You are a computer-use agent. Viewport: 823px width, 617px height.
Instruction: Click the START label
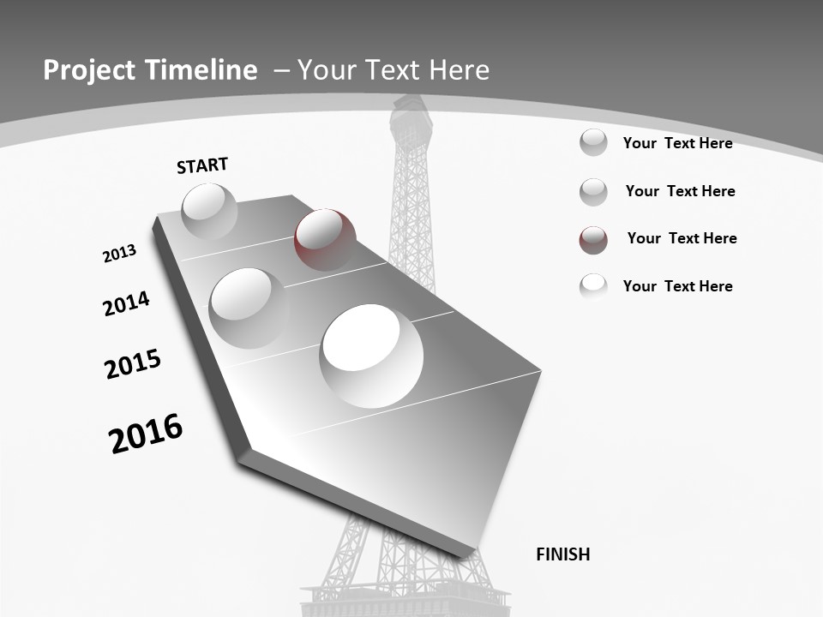[x=202, y=165]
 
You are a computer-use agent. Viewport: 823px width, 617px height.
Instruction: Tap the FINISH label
[x=562, y=554]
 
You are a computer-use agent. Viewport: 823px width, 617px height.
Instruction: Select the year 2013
[x=120, y=254]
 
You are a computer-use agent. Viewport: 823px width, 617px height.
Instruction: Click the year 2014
[x=126, y=303]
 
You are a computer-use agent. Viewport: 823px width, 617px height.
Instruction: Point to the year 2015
[x=133, y=364]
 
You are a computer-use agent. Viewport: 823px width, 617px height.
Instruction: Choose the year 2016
[x=146, y=433]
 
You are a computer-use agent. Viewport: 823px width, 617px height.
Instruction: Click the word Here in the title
[x=458, y=70]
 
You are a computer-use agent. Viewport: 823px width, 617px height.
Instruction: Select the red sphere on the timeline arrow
[x=325, y=239]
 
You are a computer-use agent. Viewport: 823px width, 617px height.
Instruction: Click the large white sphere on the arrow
[x=371, y=355]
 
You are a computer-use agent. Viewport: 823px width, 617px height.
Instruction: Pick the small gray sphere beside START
[x=209, y=211]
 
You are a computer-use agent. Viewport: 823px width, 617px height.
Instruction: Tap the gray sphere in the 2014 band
[x=249, y=308]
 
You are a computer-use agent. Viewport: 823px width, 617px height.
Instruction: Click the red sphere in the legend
[x=593, y=240]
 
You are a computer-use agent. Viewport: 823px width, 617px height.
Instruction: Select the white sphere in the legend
[x=593, y=286]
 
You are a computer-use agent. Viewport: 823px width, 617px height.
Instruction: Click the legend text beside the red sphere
[x=682, y=238]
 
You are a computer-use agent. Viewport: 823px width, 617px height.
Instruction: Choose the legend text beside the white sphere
[x=677, y=286]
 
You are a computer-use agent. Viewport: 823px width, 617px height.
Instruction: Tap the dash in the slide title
[x=280, y=71]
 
